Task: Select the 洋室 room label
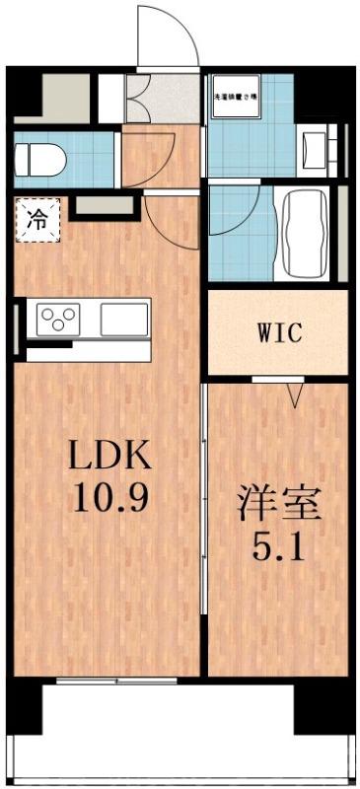pos(279,503)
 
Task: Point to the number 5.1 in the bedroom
pos(279,543)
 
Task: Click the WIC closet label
pos(277,332)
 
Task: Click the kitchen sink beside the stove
pos(122,319)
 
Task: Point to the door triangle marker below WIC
pos(294,395)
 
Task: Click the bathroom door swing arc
pos(237,212)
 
